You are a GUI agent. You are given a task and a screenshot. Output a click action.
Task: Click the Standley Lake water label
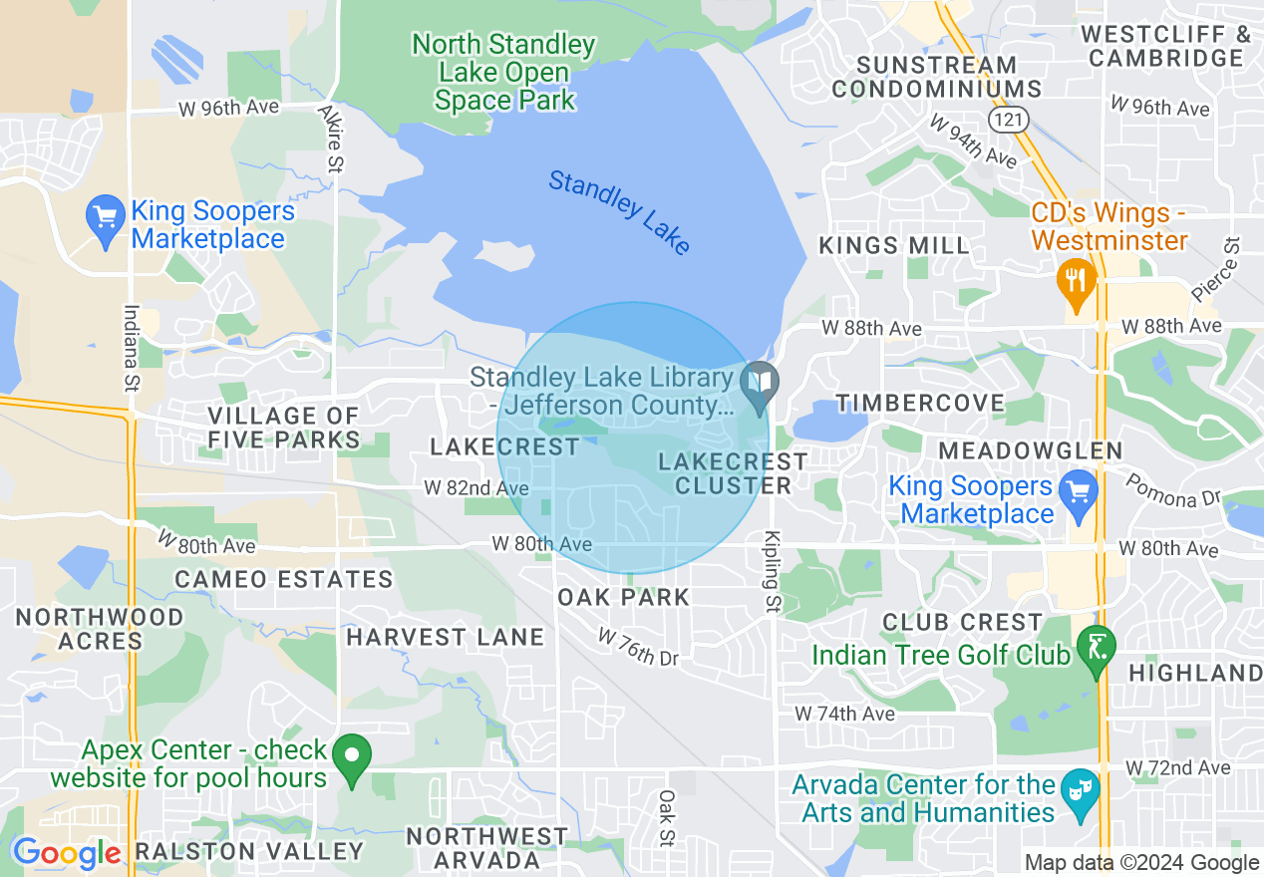pyautogui.click(x=619, y=212)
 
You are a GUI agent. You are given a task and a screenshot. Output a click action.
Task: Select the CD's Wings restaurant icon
pyautogui.click(x=1075, y=278)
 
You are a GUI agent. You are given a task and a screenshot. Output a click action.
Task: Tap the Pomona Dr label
pyautogui.click(x=1173, y=489)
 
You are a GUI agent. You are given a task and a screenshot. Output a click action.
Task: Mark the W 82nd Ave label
pyautogui.click(x=475, y=488)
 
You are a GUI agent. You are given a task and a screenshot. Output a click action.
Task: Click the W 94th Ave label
pyautogui.click(x=972, y=141)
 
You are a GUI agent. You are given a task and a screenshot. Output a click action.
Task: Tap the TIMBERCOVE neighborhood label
pyautogui.click(x=920, y=403)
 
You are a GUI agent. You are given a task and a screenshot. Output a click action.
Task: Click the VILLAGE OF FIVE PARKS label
pyautogui.click(x=283, y=428)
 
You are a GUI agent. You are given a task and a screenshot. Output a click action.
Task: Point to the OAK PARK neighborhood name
pyautogui.click(x=623, y=597)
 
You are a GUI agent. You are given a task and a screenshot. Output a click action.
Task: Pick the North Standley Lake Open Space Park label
pyautogui.click(x=504, y=72)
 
